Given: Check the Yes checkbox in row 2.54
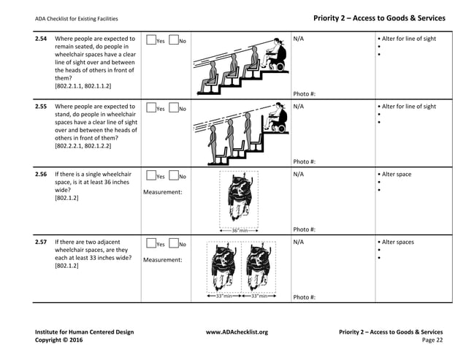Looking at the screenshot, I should click(150, 41).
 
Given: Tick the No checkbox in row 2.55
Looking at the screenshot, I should click(174, 108).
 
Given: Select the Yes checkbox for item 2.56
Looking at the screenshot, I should click(150, 176).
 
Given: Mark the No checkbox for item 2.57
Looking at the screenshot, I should click(174, 244).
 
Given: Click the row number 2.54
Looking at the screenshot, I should click(41, 39).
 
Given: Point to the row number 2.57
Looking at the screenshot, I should click(41, 242).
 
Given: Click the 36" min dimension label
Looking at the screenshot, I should click(240, 231).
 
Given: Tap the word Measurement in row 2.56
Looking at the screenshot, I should click(162, 192).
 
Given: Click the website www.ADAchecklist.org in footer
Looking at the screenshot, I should click(237, 332).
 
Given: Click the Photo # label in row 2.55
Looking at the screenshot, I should click(304, 161).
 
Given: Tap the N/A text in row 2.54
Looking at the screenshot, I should click(298, 39).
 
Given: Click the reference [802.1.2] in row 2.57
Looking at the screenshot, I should click(68, 266).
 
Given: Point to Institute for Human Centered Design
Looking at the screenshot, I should click(84, 332).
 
